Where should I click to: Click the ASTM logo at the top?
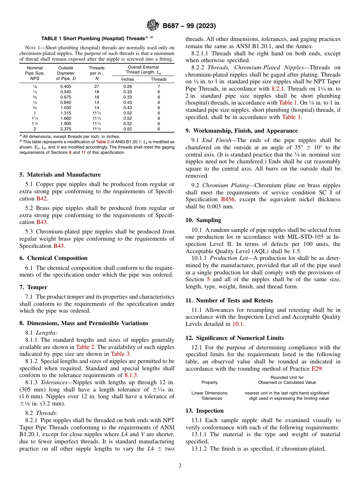[152, 26]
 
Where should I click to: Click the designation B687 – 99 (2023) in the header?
[189, 26]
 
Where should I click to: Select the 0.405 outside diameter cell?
[66, 86]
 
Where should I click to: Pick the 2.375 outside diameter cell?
[66, 129]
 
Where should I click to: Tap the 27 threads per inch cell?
[97, 86]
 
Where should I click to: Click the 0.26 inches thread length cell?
[127, 86]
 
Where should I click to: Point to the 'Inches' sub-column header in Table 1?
[127, 79]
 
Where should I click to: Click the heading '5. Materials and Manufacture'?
[60, 175]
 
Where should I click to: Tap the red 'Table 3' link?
[121, 354]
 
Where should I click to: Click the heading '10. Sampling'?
[203, 220]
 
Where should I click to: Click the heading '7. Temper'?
[33, 287]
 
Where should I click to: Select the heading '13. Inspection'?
[204, 411]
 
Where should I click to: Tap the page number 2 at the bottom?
[180, 466]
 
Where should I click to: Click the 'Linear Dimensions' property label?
[209, 393]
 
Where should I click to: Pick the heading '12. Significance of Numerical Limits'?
[235, 338]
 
